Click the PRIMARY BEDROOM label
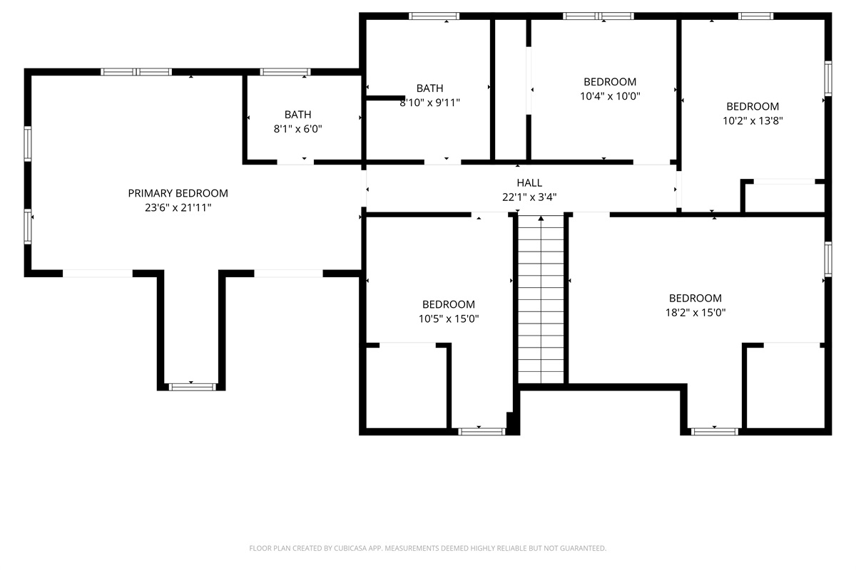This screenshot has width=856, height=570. (x=178, y=193)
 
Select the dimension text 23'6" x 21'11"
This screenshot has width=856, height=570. (x=178, y=207)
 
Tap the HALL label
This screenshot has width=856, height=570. (x=529, y=183)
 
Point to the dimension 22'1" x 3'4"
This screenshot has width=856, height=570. (x=529, y=197)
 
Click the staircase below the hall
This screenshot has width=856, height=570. (x=541, y=299)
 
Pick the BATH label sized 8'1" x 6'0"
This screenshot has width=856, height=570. (x=297, y=114)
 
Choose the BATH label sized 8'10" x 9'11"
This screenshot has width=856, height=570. (x=429, y=88)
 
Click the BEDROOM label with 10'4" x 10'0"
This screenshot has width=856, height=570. (x=609, y=82)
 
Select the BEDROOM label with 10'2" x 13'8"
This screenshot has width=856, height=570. (x=753, y=107)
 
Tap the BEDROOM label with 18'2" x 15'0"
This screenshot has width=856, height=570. (x=695, y=298)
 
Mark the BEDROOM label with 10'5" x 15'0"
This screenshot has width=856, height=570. (x=448, y=304)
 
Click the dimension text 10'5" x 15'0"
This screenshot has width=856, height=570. (x=448, y=318)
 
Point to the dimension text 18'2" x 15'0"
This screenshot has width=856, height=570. (x=695, y=312)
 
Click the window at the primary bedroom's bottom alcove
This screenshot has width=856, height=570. (x=192, y=387)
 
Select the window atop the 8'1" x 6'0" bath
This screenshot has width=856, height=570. (x=285, y=71)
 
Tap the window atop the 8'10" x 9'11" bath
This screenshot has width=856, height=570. (x=434, y=16)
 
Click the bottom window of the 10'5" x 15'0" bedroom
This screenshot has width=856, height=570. (x=481, y=431)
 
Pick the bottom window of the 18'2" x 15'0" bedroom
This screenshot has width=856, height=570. (x=714, y=431)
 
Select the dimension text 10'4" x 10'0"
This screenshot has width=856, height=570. (x=609, y=96)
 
